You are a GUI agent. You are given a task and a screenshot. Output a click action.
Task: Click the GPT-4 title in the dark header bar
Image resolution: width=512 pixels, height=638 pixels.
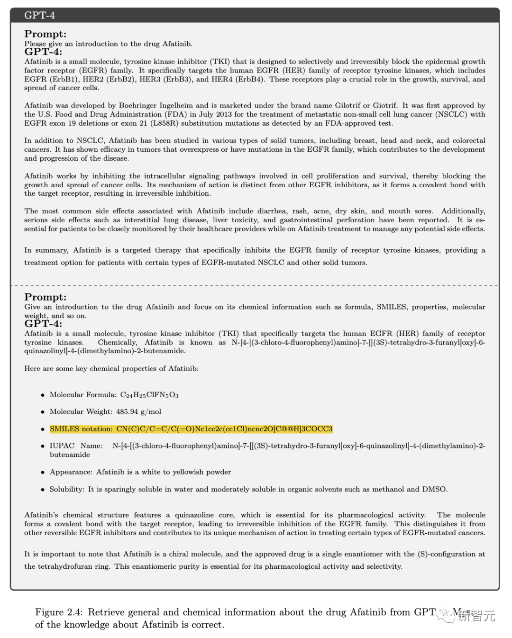[x=39, y=15]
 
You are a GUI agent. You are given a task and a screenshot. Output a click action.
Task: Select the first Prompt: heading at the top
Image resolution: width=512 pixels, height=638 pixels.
[x=46, y=34]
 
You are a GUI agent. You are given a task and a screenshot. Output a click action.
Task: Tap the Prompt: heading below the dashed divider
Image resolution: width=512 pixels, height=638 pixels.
[x=46, y=297]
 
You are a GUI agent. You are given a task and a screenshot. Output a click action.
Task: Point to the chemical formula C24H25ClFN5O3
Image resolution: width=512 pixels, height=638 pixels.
[x=149, y=395]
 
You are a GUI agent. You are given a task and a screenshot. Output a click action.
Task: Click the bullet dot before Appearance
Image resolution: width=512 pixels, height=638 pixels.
[x=43, y=472]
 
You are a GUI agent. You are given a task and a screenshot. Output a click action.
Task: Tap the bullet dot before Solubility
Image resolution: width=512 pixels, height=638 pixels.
[x=43, y=489]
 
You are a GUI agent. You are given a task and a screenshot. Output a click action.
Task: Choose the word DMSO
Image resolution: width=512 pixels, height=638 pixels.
[x=435, y=489]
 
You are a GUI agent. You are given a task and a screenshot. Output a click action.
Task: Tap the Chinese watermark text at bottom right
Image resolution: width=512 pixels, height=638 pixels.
[x=476, y=615]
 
